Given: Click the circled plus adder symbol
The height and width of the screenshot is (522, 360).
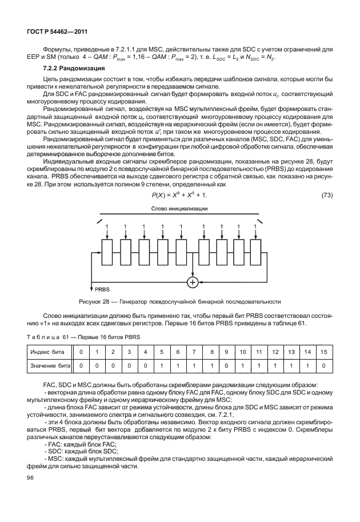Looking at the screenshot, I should (x=193, y=282).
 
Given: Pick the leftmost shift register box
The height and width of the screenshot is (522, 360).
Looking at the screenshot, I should (x=107, y=252).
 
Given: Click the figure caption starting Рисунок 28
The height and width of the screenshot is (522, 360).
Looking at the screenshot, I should (x=179, y=301).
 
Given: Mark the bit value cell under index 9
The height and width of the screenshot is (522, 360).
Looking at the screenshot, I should (x=226, y=364).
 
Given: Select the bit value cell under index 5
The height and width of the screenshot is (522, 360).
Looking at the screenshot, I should (x=162, y=364).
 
